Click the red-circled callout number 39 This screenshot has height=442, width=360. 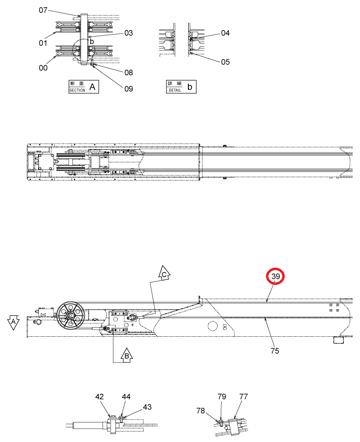coord(275,276)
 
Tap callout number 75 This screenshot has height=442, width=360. coord(275,351)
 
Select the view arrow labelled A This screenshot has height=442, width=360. coord(13,322)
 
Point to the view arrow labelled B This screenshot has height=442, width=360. coord(127,355)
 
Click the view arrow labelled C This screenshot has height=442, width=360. coord(164,272)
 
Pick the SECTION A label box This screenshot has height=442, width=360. coord(84,87)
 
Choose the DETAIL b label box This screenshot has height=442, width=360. coord(181,87)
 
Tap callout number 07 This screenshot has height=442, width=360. coord(43,10)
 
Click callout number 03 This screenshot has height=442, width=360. coord(128,33)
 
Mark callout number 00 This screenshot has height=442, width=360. coord(43,68)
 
